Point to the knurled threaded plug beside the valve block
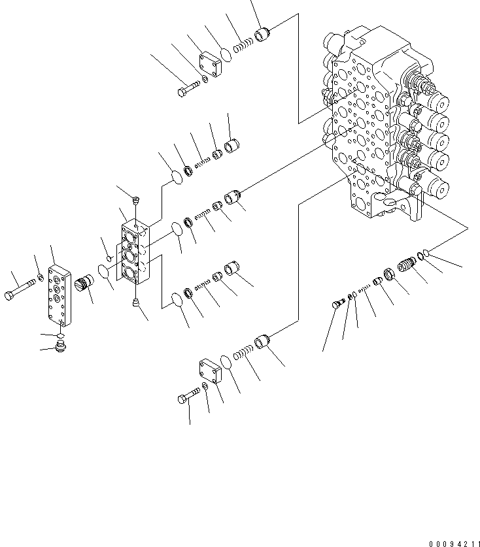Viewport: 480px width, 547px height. pyautogui.click(x=85, y=286)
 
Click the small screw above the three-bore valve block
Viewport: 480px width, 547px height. pyautogui.click(x=135, y=200)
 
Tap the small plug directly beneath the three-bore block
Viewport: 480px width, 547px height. pyautogui.click(x=135, y=302)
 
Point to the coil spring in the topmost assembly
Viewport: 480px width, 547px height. pyautogui.click(x=244, y=45)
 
